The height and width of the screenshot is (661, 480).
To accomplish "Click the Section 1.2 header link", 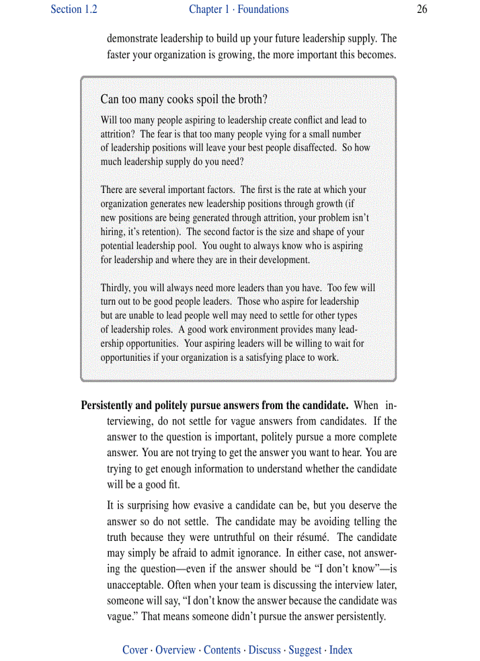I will [x=74, y=9].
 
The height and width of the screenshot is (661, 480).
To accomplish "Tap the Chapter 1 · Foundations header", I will [x=239, y=9].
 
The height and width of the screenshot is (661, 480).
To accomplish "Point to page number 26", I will [x=422, y=9].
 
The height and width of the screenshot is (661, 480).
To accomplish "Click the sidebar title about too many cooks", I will [x=188, y=99].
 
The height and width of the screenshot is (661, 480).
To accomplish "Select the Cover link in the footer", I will [x=135, y=650].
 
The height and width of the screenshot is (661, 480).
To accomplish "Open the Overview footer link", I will [x=175, y=650].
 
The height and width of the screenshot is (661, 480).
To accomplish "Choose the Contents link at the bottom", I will [x=222, y=650].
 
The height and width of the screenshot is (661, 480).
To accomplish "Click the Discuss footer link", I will [x=265, y=650].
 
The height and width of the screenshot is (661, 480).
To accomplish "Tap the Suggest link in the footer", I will [x=305, y=650].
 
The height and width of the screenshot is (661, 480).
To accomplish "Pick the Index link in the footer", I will [x=341, y=650].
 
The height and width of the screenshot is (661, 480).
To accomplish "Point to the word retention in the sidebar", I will [x=159, y=232].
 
